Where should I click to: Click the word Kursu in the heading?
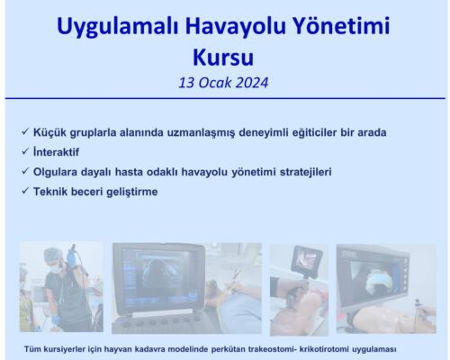coord(224,58)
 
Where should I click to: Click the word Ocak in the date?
coord(212,83)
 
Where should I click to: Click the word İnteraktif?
coord(61,151)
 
